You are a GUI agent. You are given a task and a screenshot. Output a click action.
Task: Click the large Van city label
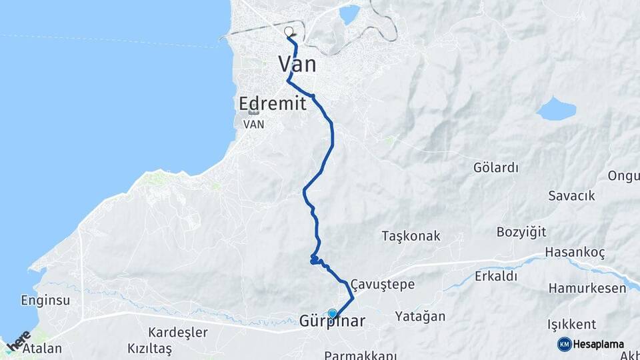[x=297, y=64]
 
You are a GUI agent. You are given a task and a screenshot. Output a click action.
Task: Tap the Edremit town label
[x=273, y=103]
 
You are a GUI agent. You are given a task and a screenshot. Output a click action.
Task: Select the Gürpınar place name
[x=332, y=321]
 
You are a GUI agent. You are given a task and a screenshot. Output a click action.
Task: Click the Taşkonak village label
[x=411, y=236]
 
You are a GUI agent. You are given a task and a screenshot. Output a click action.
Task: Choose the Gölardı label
[x=495, y=167]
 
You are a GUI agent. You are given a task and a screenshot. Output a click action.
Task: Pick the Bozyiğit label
[x=521, y=232]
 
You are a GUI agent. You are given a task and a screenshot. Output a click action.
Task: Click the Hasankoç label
[x=575, y=253]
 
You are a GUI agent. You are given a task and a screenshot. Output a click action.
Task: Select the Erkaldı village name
[x=496, y=276]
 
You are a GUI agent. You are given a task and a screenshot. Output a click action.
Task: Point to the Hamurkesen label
[x=587, y=289]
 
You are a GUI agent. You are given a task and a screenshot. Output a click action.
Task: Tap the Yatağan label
[x=420, y=316]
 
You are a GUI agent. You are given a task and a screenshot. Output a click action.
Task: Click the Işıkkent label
[x=571, y=325]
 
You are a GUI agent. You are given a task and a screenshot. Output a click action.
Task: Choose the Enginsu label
[x=45, y=300]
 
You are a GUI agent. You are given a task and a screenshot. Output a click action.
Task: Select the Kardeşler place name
[x=178, y=332]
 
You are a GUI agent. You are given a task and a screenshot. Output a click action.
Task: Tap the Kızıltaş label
[x=149, y=349]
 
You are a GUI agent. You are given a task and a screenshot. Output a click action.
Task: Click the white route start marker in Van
[x=289, y=31]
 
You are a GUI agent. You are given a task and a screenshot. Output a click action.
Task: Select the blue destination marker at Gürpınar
[x=332, y=313]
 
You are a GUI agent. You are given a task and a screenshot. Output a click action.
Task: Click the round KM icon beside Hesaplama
[x=565, y=344]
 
